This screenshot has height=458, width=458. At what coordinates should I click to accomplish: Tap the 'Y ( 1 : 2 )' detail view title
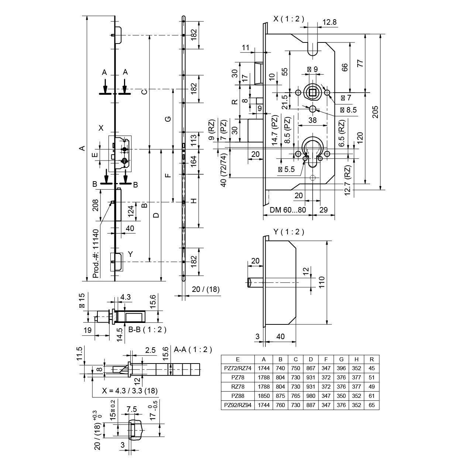pos(289,232)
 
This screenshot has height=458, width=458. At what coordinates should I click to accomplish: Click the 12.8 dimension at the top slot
pos(329,22)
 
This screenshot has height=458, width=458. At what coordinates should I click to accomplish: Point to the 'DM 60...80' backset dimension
pos(288,210)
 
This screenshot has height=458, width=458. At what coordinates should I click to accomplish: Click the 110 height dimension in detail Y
pos(321,283)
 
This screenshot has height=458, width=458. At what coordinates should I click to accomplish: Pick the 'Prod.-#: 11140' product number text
pos(96,253)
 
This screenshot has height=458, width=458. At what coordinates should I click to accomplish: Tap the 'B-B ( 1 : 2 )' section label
pos(147,330)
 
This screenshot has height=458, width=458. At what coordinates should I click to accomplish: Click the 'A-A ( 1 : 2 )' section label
pos(193,349)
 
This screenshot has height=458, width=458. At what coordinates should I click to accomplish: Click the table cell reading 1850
pos(264,396)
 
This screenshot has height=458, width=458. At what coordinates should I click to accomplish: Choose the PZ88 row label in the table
pos(238,396)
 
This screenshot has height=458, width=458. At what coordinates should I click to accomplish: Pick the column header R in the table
pos(371,359)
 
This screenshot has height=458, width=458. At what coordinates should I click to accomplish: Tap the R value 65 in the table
pos(371,405)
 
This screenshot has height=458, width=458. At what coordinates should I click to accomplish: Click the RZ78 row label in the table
pos(238,386)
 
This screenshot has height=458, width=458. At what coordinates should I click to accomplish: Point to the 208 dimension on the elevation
pos(95,205)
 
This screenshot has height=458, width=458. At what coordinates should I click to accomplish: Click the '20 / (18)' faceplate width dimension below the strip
pos(206,289)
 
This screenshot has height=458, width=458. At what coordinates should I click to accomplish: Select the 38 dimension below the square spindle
pos(312,120)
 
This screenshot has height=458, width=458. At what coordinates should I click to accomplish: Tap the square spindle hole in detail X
pos(313,92)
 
